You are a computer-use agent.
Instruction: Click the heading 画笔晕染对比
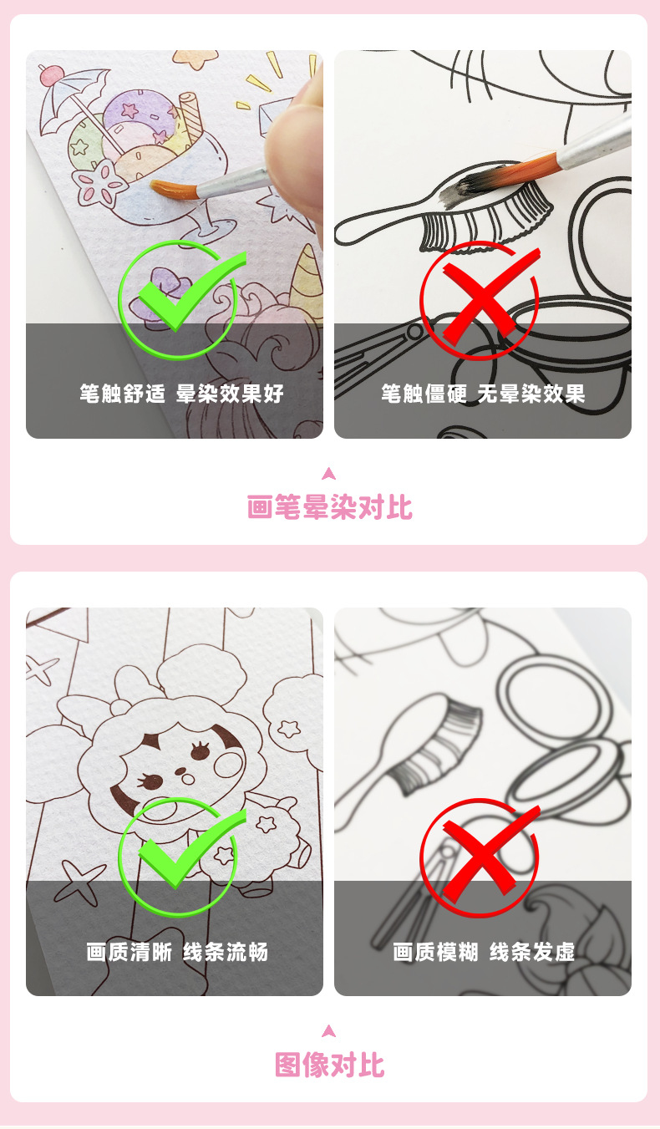click(329, 507)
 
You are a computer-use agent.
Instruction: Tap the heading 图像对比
click(329, 1065)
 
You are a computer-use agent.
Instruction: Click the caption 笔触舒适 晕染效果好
click(181, 394)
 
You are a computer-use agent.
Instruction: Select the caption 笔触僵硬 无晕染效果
click(483, 394)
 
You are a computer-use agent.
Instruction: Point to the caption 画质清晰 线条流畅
click(177, 952)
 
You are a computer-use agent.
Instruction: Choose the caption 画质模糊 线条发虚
click(484, 952)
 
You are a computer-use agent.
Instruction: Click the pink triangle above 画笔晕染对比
click(329, 473)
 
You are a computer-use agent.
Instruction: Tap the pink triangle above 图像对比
click(329, 1030)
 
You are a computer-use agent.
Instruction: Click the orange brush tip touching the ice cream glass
click(172, 189)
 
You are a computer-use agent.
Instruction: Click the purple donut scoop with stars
click(139, 114)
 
